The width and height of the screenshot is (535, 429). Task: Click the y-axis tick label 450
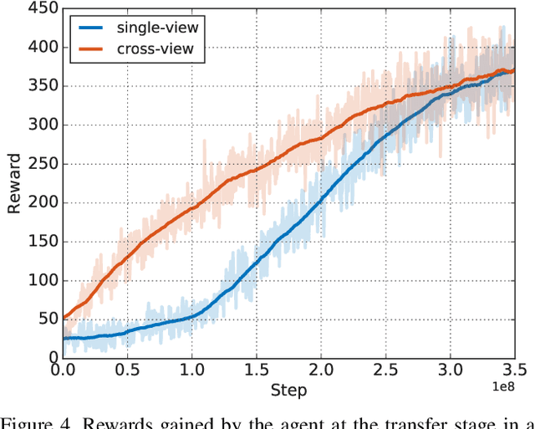coord(42,9)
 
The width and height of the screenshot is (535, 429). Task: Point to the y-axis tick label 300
coord(42,125)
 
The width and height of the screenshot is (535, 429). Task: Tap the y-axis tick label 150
coord(42,241)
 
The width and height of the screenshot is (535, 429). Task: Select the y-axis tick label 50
coord(46,319)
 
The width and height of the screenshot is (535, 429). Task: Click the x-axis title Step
coord(288,390)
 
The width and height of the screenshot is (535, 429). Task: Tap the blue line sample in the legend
coord(94,28)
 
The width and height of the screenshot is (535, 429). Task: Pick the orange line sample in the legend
coord(94,49)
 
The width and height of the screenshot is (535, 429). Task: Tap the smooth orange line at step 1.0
coord(191,204)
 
